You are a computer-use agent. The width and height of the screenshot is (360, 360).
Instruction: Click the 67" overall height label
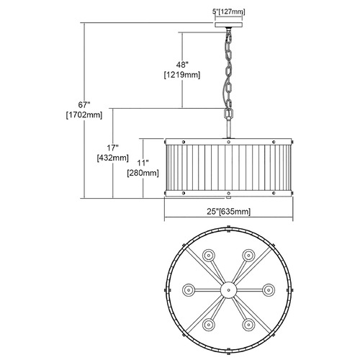coord(84,105)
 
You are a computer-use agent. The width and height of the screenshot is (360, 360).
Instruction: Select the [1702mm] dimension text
coord(84,115)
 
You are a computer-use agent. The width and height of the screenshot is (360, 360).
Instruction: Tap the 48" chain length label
coord(182,65)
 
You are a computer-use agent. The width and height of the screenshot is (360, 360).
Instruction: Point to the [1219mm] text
coord(182,75)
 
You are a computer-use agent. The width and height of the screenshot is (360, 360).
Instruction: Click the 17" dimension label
coord(112,148)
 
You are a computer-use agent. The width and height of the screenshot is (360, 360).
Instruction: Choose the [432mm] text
coord(113,158)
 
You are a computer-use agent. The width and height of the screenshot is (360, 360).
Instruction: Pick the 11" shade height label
coord(143,163)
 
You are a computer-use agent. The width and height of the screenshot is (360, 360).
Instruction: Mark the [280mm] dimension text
coord(143,173)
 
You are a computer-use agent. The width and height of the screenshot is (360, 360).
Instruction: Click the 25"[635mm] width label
coord(228,212)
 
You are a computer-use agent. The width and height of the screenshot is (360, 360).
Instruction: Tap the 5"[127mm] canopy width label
coord(229,12)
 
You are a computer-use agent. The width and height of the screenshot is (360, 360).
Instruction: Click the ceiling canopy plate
coord(229,25)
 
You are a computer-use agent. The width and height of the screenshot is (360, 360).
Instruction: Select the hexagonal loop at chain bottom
coord(228,114)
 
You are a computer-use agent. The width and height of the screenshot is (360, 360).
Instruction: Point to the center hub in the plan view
coord(229,290)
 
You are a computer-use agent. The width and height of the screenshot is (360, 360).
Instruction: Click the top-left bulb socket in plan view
coord(209,256)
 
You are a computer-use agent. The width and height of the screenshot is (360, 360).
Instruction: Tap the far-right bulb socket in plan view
coord(269,290)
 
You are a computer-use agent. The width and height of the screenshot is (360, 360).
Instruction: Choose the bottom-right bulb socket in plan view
coord(248,325)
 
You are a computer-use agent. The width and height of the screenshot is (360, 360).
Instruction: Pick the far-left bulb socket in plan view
coord(189,290)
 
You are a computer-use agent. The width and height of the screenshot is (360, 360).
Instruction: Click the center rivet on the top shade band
coord(228,142)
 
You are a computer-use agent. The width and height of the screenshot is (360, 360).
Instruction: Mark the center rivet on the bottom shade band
coord(228,193)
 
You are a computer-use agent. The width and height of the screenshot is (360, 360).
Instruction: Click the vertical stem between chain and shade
coord(228,128)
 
